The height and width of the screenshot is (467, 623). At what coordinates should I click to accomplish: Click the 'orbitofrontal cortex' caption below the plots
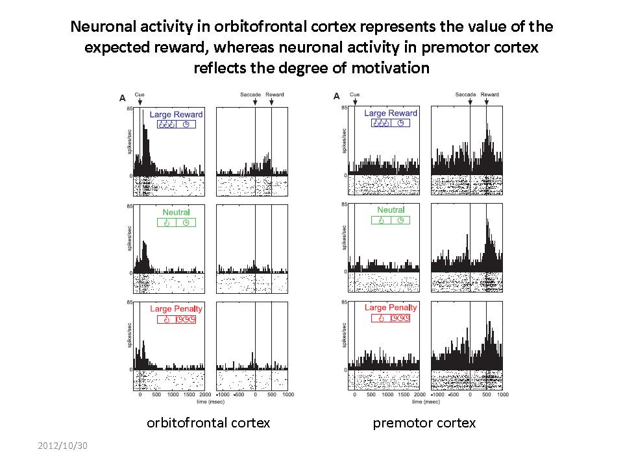pos(208,423)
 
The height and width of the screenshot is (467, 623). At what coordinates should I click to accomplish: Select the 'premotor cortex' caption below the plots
pos(424,423)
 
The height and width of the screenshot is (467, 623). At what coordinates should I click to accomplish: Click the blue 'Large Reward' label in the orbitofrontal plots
pos(176,115)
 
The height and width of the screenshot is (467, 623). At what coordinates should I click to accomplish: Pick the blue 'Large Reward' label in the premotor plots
pos(391,114)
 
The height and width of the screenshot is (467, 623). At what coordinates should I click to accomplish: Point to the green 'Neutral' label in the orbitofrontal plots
pos(176,212)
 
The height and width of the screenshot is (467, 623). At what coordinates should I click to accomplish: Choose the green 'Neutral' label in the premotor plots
pos(391,210)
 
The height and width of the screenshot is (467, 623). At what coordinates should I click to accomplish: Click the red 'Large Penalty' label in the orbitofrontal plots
pos(176,309)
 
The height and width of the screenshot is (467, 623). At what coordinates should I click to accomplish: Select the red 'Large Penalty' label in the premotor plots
pos(391,307)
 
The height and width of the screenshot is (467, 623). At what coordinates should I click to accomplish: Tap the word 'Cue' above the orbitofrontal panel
pos(140,95)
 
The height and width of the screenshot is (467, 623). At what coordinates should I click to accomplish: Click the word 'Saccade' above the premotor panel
pos(465,95)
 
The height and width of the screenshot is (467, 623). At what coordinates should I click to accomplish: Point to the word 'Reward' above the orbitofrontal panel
pos(275,95)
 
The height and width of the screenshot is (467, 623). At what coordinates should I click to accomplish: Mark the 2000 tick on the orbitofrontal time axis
pos(206,394)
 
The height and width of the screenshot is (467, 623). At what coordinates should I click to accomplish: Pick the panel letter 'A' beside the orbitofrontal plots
pos(122,98)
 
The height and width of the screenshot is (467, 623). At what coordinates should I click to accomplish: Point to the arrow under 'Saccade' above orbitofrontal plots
pos(255,102)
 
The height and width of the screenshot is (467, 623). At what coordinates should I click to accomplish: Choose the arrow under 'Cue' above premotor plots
pos(355,102)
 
